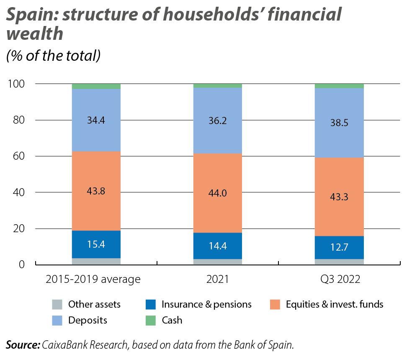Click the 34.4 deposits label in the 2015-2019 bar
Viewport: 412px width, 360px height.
point(96,120)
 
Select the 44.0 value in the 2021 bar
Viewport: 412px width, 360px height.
point(217,193)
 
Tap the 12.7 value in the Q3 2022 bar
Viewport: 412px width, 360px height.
point(339,248)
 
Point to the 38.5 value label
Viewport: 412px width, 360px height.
point(339,123)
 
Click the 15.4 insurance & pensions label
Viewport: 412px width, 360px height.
point(96,244)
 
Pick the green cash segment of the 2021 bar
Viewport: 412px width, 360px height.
point(217,85)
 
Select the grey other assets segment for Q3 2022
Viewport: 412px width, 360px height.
point(339,262)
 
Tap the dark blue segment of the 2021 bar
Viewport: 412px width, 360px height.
point(217,246)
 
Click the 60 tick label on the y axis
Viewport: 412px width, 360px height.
point(18,156)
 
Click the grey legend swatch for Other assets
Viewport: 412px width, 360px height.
point(57,304)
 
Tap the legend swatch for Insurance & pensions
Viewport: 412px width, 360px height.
point(151,304)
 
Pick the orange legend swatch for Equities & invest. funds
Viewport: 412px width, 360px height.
point(275,304)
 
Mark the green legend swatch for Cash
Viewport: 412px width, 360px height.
point(151,321)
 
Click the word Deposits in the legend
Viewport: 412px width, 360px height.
point(88,321)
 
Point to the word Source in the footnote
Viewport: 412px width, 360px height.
point(22,345)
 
